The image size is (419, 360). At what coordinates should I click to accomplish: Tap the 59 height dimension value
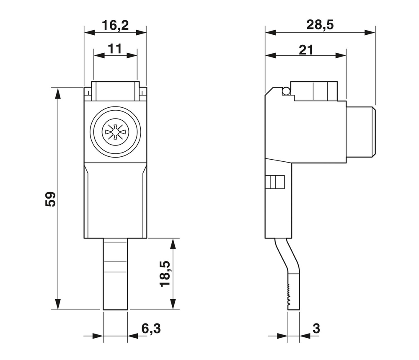tap(50, 199)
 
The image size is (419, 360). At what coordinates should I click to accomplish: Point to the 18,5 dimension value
tap(165, 274)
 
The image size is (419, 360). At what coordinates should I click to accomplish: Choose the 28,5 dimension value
tap(320, 25)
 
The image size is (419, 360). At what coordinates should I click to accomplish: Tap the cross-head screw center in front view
tap(115, 132)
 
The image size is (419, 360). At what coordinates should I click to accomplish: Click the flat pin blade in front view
tap(115, 275)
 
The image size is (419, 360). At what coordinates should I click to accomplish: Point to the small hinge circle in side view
tap(286, 91)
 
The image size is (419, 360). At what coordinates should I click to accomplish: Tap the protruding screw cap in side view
tap(361, 132)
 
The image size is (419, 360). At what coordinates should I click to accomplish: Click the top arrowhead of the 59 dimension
tap(58, 92)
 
